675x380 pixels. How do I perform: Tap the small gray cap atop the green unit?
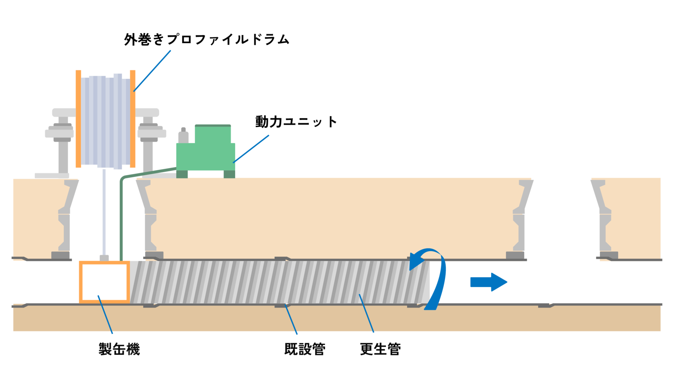click(x=183, y=135)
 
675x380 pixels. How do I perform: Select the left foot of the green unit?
click(x=182, y=174)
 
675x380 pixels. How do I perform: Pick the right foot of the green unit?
click(x=229, y=174)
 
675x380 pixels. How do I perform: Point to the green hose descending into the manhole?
click(x=121, y=218)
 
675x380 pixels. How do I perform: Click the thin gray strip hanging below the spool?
click(x=104, y=211)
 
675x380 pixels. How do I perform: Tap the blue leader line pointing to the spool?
click(x=153, y=71)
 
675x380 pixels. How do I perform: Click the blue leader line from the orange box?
click(x=105, y=314)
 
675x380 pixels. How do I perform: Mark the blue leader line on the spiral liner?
click(x=366, y=313)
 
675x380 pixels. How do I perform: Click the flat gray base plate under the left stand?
click(x=52, y=175)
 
